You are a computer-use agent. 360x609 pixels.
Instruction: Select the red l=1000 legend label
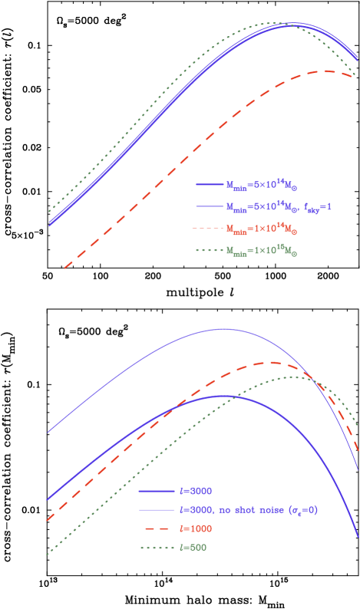(x=194, y=528)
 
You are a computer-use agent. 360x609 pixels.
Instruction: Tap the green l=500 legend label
(x=192, y=548)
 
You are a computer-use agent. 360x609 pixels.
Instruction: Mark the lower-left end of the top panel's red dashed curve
(x=64, y=268)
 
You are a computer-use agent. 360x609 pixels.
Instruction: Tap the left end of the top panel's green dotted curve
(x=49, y=211)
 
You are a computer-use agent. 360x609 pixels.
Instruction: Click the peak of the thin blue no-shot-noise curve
(x=223, y=328)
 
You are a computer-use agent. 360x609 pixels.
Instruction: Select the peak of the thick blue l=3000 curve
(x=223, y=396)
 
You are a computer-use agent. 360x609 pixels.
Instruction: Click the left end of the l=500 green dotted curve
(x=47, y=554)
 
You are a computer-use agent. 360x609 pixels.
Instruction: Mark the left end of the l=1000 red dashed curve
(x=47, y=521)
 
